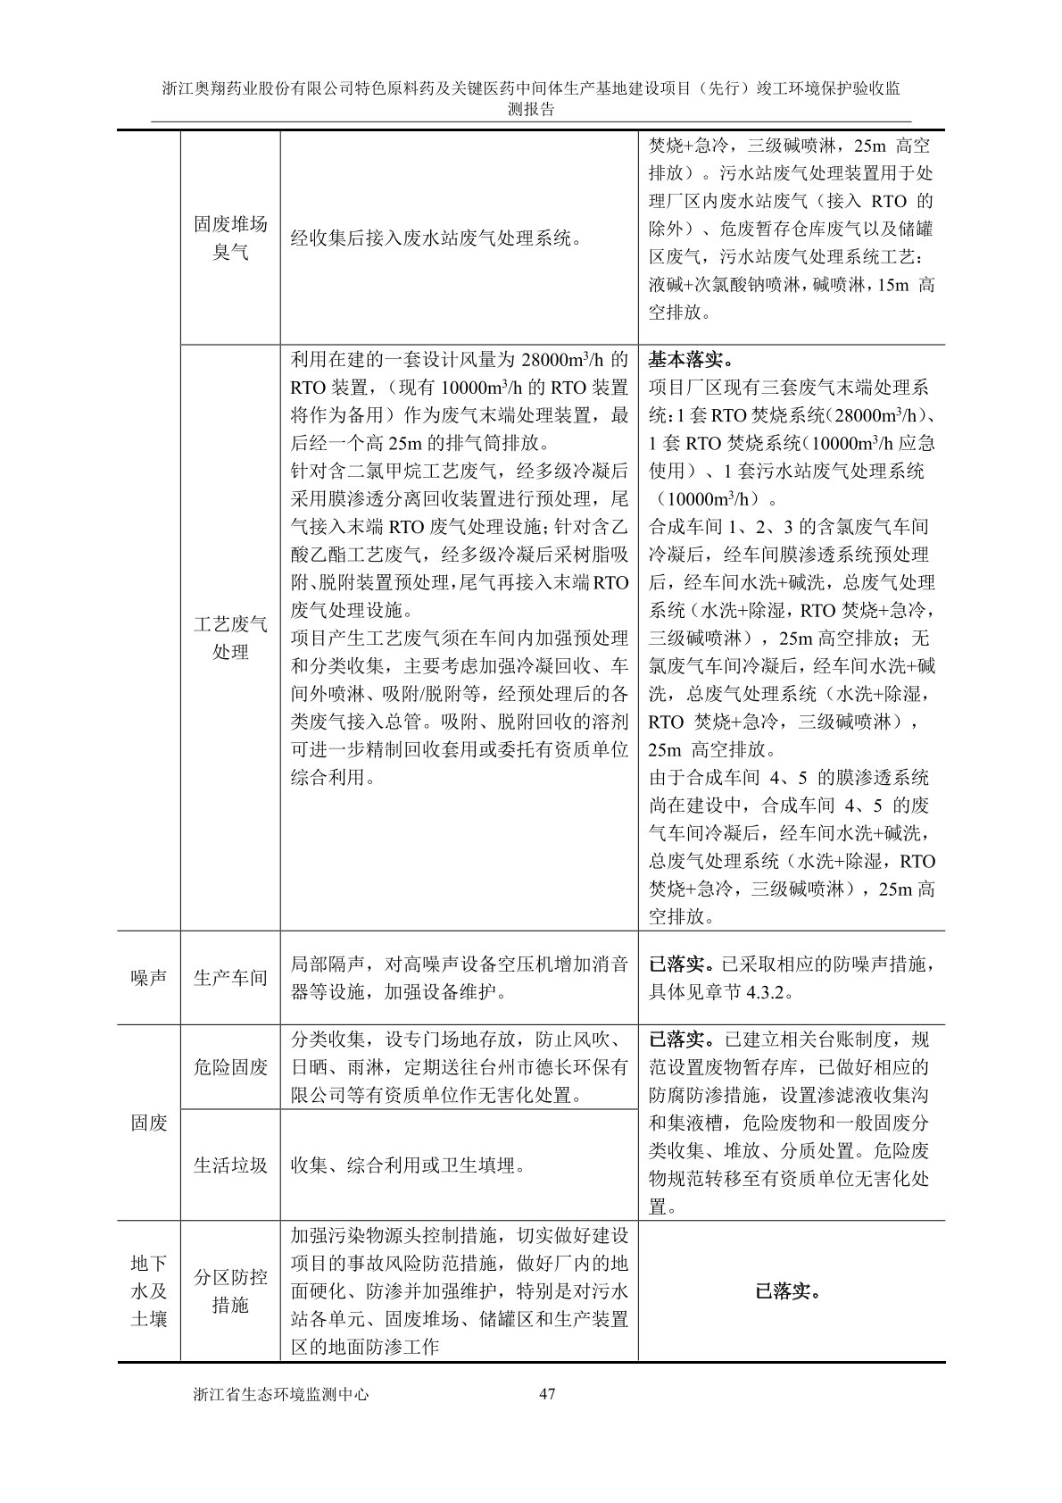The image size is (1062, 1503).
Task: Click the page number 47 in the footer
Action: click(548, 1394)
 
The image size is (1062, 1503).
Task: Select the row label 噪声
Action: click(149, 978)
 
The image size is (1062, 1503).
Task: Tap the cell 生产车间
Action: click(230, 978)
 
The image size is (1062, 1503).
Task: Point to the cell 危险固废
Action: click(230, 1066)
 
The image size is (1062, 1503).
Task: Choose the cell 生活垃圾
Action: click(230, 1165)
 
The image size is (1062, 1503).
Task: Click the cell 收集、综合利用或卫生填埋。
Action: click(409, 1165)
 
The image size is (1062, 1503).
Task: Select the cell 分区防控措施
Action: click(230, 1290)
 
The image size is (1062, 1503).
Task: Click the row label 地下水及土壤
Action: click(149, 1290)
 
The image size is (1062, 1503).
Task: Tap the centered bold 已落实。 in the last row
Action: click(790, 1291)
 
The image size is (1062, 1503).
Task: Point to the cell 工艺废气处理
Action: click(230, 638)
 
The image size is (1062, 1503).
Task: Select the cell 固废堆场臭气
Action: click(230, 238)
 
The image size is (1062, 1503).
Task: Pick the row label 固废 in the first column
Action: click(149, 1123)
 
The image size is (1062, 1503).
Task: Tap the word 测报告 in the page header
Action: click(531, 110)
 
